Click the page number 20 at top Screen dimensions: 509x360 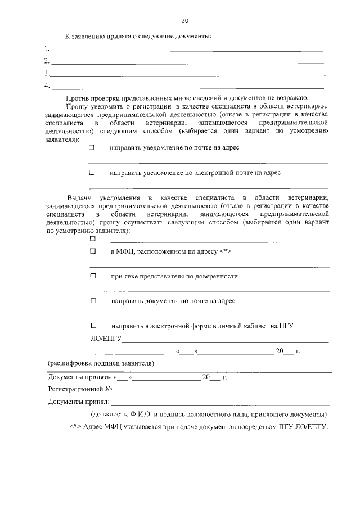point(184,21)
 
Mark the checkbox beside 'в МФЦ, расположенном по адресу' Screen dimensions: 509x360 point(93,251)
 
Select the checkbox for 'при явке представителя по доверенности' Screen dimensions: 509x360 point(93,276)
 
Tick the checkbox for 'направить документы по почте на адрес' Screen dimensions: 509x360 point(93,301)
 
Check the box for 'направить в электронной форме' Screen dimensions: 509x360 point(93,326)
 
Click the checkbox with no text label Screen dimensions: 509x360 point(93,238)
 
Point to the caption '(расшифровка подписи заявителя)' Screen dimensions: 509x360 point(101,363)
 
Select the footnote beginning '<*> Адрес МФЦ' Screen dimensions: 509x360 point(198,427)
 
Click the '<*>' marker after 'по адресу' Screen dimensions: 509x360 point(225,251)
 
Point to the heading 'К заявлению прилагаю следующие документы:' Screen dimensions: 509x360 point(138,37)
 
